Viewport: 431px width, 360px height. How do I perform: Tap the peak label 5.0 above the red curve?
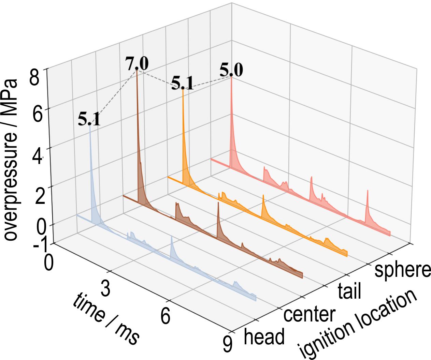pyautogui.click(x=231, y=71)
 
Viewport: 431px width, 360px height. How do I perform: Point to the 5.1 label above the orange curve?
pyautogui.click(x=182, y=83)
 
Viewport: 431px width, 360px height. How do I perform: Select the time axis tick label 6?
pyautogui.click(x=165, y=317)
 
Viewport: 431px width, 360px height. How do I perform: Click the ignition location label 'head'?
pyautogui.click(x=264, y=337)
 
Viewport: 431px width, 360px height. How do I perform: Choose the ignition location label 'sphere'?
pyautogui.click(x=402, y=269)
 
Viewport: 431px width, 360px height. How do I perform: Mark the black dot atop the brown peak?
pyautogui.click(x=137, y=69)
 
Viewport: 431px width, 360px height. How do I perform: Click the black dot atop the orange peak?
pyautogui.click(x=183, y=88)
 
